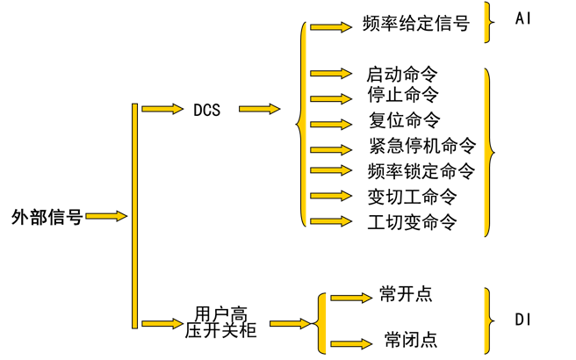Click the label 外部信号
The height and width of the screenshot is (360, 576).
47,216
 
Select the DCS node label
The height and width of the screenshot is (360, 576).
206,110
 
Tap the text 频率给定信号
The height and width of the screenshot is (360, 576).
415,24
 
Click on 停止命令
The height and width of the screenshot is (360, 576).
402,94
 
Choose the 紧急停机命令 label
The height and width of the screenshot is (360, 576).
422,146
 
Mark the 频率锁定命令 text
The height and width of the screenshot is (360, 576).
421,170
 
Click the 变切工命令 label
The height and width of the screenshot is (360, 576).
412,196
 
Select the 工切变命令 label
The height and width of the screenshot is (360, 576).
412,221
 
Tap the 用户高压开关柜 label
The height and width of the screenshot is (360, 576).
220,322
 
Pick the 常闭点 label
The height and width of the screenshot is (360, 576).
410,339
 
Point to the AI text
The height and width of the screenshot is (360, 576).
523,18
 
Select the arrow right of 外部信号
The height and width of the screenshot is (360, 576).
107,216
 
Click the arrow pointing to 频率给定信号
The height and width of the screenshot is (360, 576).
330,27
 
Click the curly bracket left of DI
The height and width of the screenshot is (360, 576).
487,318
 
